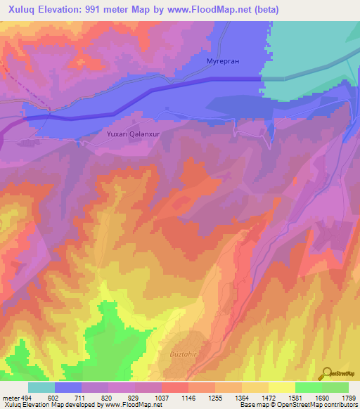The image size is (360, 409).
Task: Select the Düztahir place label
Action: (186, 355)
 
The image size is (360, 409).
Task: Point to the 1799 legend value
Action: (348, 397)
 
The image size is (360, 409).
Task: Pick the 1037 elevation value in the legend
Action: (161, 397)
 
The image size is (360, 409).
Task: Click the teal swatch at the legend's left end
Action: (41, 387)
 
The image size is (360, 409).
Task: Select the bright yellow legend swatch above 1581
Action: (281, 387)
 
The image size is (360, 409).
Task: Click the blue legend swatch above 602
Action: (67, 387)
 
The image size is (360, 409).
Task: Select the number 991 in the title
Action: (97, 10)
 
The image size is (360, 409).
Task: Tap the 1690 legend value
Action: (321, 397)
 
